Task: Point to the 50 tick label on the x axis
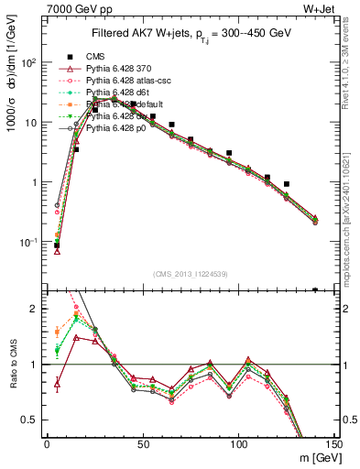click(143, 444)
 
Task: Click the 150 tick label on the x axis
click(334, 444)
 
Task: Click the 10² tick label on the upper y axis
click(29, 63)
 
